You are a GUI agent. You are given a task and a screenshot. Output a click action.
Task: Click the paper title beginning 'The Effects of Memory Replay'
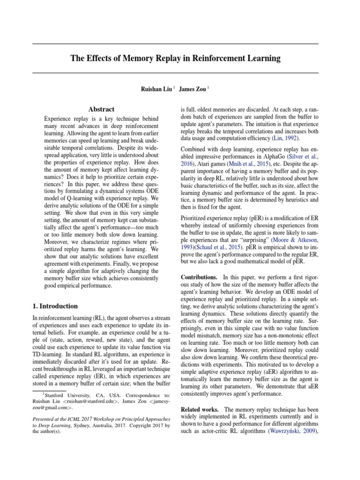(175, 59)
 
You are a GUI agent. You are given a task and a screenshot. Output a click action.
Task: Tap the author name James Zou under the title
(193, 89)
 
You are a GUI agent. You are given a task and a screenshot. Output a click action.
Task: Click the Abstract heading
(102, 109)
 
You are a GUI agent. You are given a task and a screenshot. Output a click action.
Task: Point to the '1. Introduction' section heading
(55, 306)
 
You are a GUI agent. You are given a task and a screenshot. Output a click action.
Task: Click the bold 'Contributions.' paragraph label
(199, 277)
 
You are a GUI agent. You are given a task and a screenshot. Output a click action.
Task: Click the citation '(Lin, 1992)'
(285, 139)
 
